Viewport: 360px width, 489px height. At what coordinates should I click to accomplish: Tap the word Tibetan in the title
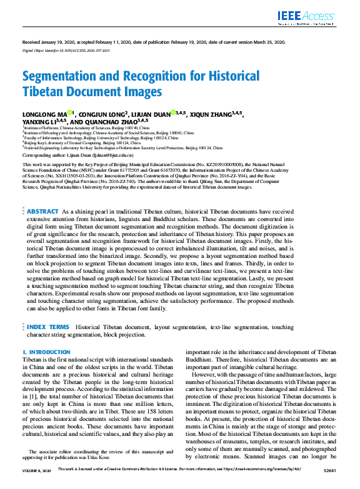click(x=43, y=92)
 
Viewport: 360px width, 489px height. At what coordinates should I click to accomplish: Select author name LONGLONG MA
click(x=44, y=114)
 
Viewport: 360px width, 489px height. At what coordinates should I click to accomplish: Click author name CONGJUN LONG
click(x=103, y=114)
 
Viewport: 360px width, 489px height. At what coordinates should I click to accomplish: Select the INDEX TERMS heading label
click(x=48, y=327)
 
